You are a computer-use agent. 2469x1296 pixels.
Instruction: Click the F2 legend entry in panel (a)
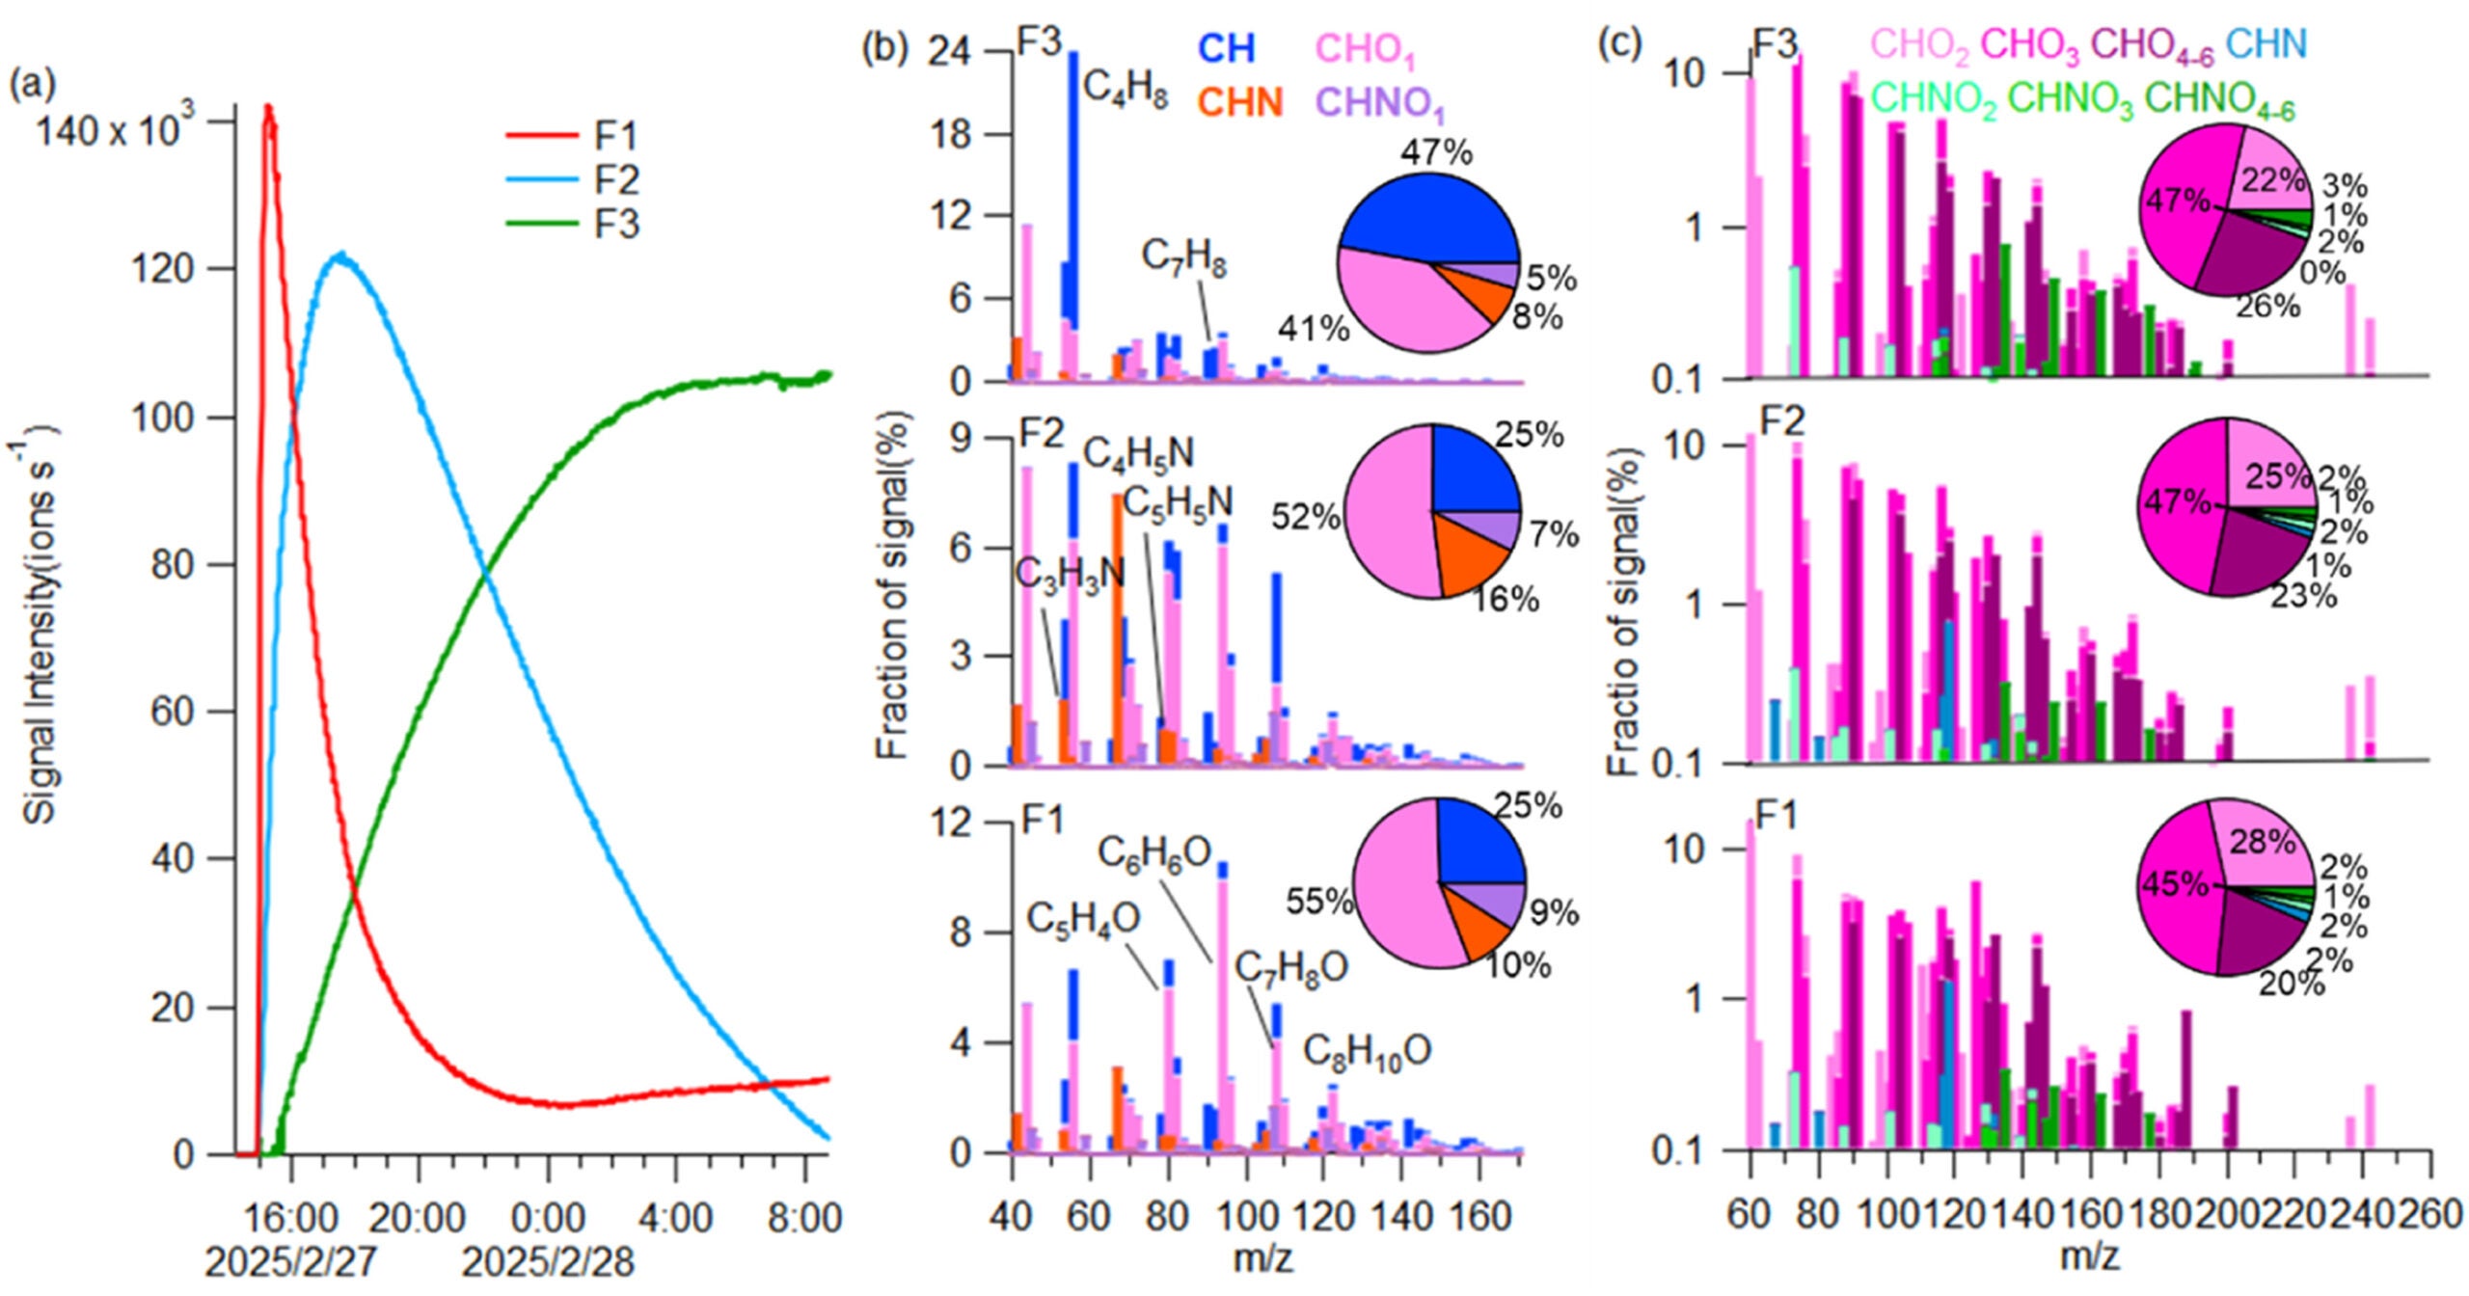click(615, 180)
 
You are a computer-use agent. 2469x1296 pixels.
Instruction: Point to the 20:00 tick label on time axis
click(417, 1218)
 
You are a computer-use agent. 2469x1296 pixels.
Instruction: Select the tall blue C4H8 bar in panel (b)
click(1072, 193)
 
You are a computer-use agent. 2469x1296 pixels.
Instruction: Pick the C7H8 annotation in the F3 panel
click(1183, 256)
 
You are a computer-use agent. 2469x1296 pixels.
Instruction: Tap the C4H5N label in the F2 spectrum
click(1138, 453)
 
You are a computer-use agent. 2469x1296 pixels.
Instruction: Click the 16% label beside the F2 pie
click(1505, 600)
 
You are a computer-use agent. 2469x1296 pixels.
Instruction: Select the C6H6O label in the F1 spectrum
click(1153, 852)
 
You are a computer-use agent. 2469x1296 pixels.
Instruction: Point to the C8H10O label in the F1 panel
click(1367, 1051)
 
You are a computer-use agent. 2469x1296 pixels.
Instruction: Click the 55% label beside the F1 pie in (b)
click(1318, 901)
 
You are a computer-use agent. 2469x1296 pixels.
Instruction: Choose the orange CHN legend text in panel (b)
click(1240, 102)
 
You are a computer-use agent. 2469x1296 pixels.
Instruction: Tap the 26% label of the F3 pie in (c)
click(2268, 307)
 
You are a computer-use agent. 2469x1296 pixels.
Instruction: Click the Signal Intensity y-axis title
click(39, 627)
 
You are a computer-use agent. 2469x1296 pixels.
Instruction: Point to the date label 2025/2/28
click(548, 1262)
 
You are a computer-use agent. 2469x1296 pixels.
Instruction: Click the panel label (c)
click(1620, 44)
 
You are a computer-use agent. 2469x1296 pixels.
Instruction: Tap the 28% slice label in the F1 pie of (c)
click(2262, 842)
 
